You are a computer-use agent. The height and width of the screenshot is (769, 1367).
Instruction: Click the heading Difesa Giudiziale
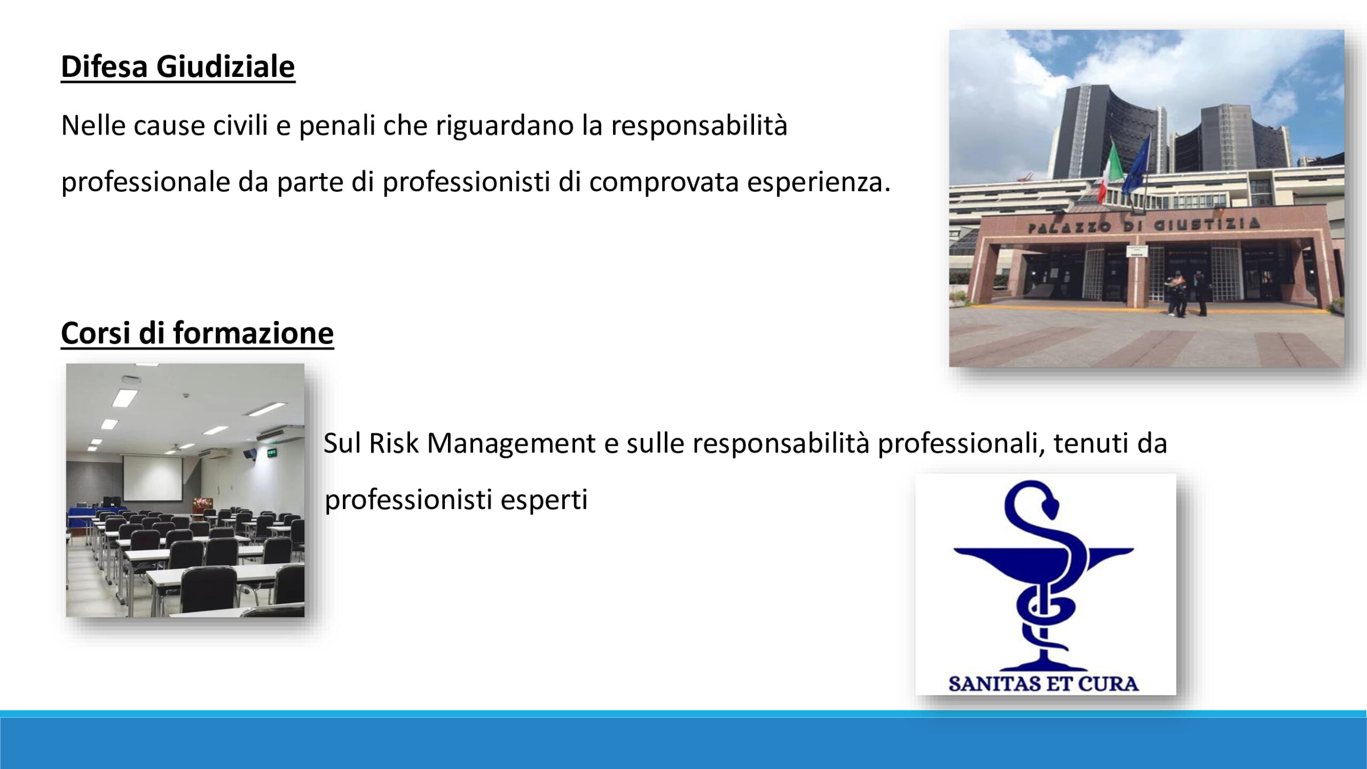[x=178, y=67]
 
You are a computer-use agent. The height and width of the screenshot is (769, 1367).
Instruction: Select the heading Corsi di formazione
[x=198, y=333]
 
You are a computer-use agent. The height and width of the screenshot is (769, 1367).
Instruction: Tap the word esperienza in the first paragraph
[x=819, y=183]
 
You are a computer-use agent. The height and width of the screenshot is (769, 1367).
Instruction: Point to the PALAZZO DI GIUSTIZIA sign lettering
[x=1143, y=225]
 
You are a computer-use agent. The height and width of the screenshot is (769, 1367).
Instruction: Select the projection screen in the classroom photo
[x=152, y=477]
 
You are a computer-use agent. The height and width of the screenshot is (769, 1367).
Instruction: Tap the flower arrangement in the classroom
[x=202, y=503]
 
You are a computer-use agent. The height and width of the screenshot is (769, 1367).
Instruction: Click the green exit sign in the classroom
[x=271, y=454]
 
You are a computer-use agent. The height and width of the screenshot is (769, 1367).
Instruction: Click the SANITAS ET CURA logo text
[x=1044, y=684]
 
